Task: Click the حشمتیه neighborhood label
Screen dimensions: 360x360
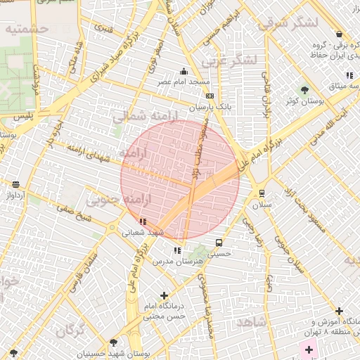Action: pyautogui.click(x=25, y=29)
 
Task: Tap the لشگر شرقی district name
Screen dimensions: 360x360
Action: pyautogui.click(x=288, y=22)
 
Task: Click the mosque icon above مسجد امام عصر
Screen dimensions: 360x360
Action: pyautogui.click(x=184, y=71)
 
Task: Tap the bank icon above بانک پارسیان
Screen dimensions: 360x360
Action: pyautogui.click(x=209, y=96)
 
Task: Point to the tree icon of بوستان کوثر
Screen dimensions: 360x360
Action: pyautogui.click(x=304, y=90)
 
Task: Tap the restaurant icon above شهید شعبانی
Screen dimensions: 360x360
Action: pyautogui.click(x=143, y=221)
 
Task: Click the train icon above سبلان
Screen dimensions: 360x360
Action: pyautogui.click(x=262, y=193)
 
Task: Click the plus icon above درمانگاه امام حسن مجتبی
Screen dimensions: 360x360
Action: pyautogui.click(x=165, y=296)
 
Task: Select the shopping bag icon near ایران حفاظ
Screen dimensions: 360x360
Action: pyautogui.click(x=339, y=34)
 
